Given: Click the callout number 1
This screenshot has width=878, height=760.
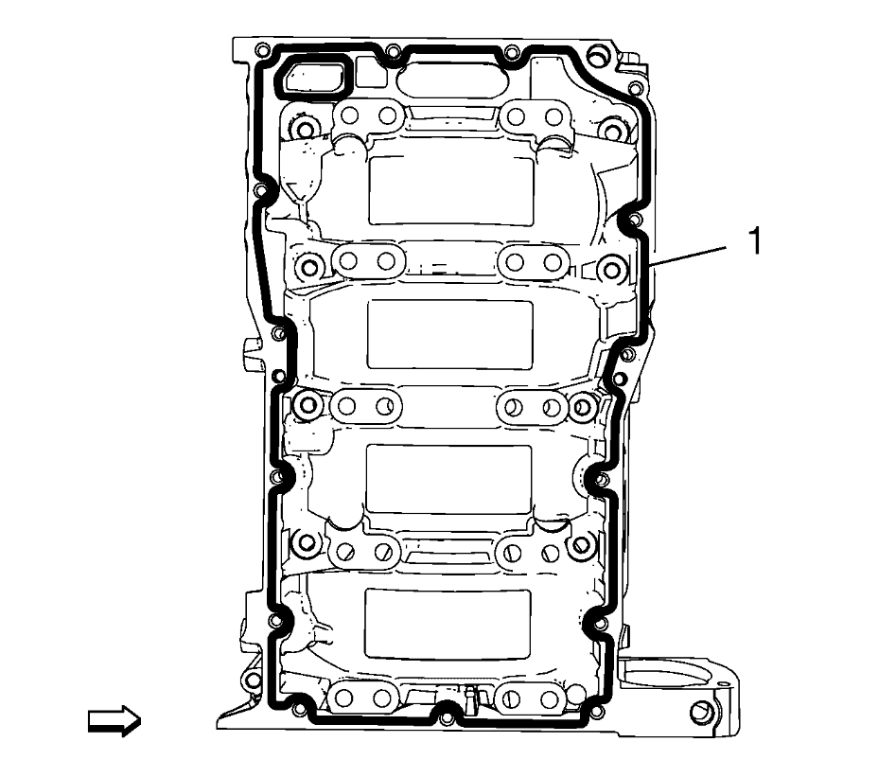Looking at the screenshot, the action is [x=755, y=240].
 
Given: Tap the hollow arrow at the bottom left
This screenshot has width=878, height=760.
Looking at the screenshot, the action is [x=114, y=721].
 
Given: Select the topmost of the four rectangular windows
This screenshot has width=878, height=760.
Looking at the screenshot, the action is [x=451, y=191].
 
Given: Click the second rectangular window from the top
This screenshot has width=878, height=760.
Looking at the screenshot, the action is [x=449, y=334].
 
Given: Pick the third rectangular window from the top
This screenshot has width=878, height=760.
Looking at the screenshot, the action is [x=448, y=480].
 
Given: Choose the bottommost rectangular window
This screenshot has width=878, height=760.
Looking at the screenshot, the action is [x=448, y=624].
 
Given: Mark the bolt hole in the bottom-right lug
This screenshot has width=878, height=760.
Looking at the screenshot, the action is [x=699, y=712].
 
